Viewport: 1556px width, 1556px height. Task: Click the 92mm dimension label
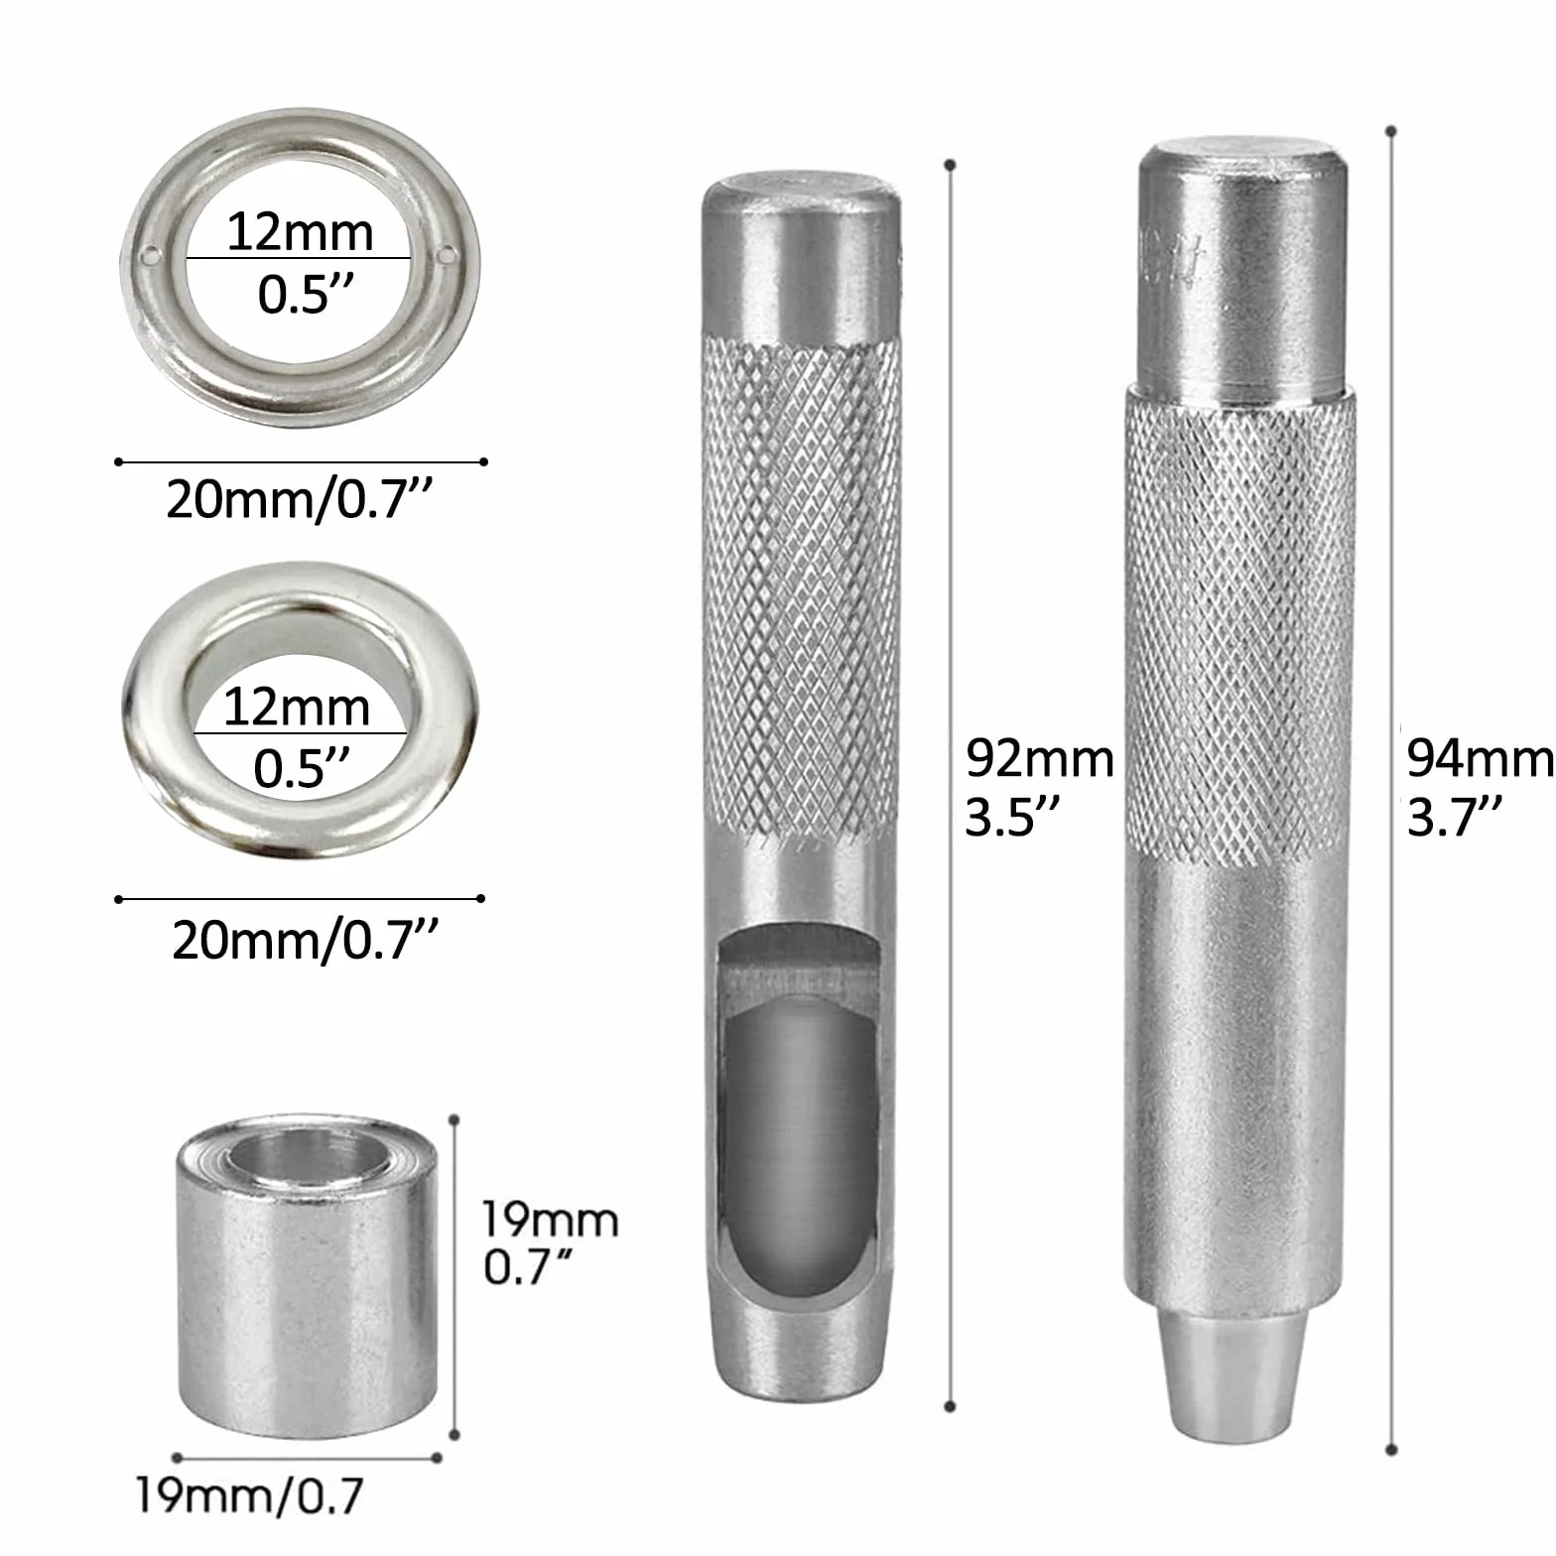tap(1040, 759)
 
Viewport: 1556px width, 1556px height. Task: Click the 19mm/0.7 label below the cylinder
tap(249, 1495)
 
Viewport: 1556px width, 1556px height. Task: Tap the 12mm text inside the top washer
tap(300, 232)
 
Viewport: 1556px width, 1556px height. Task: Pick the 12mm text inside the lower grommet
tap(297, 708)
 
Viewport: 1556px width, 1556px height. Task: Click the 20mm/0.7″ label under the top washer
tap(301, 499)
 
